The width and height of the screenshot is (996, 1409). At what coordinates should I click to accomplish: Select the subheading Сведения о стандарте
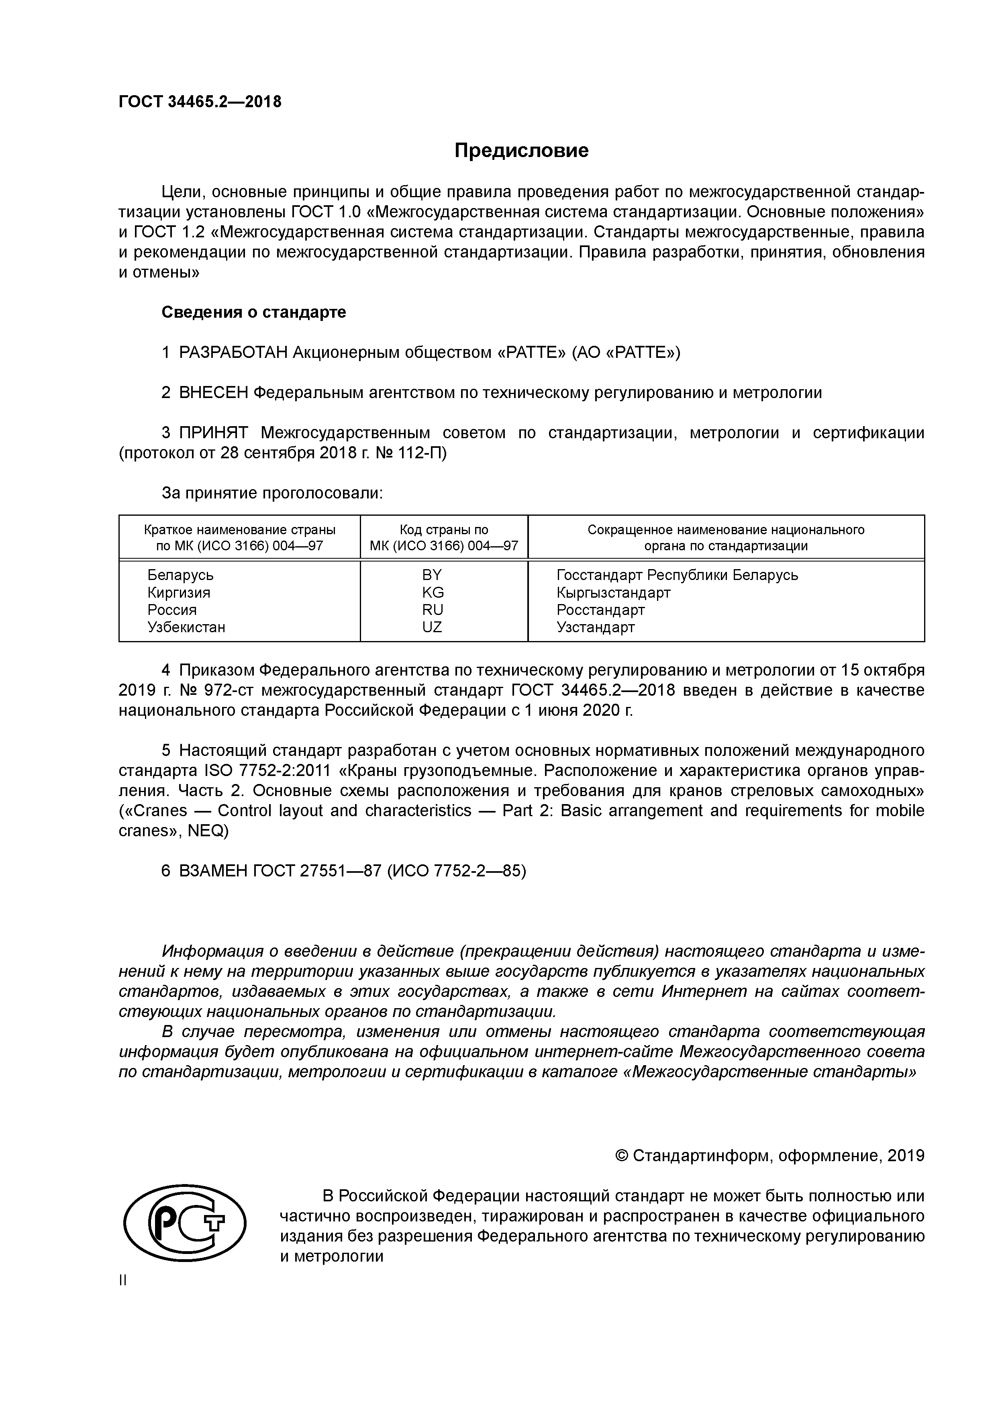pyautogui.click(x=253, y=312)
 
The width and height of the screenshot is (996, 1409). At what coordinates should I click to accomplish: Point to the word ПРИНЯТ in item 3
pyautogui.click(x=214, y=433)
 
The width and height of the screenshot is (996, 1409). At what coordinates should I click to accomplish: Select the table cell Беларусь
pyautogui.click(x=180, y=576)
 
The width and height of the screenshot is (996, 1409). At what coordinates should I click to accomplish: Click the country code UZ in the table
pyautogui.click(x=432, y=627)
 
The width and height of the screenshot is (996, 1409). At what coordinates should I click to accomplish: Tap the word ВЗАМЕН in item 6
pyautogui.click(x=213, y=872)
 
